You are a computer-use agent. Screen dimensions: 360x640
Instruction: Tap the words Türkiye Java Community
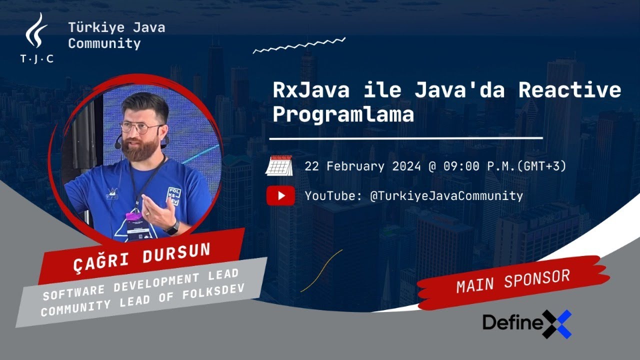point(116,35)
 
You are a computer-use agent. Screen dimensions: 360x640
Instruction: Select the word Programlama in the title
point(343,114)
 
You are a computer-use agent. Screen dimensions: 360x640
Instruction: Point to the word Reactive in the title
point(569,90)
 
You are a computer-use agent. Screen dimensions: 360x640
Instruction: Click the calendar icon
point(279,165)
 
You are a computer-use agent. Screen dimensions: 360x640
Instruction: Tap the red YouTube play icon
point(280,195)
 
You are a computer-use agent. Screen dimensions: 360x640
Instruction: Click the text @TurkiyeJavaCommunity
point(446,196)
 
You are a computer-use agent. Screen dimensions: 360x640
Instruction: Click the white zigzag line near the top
point(299,45)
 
